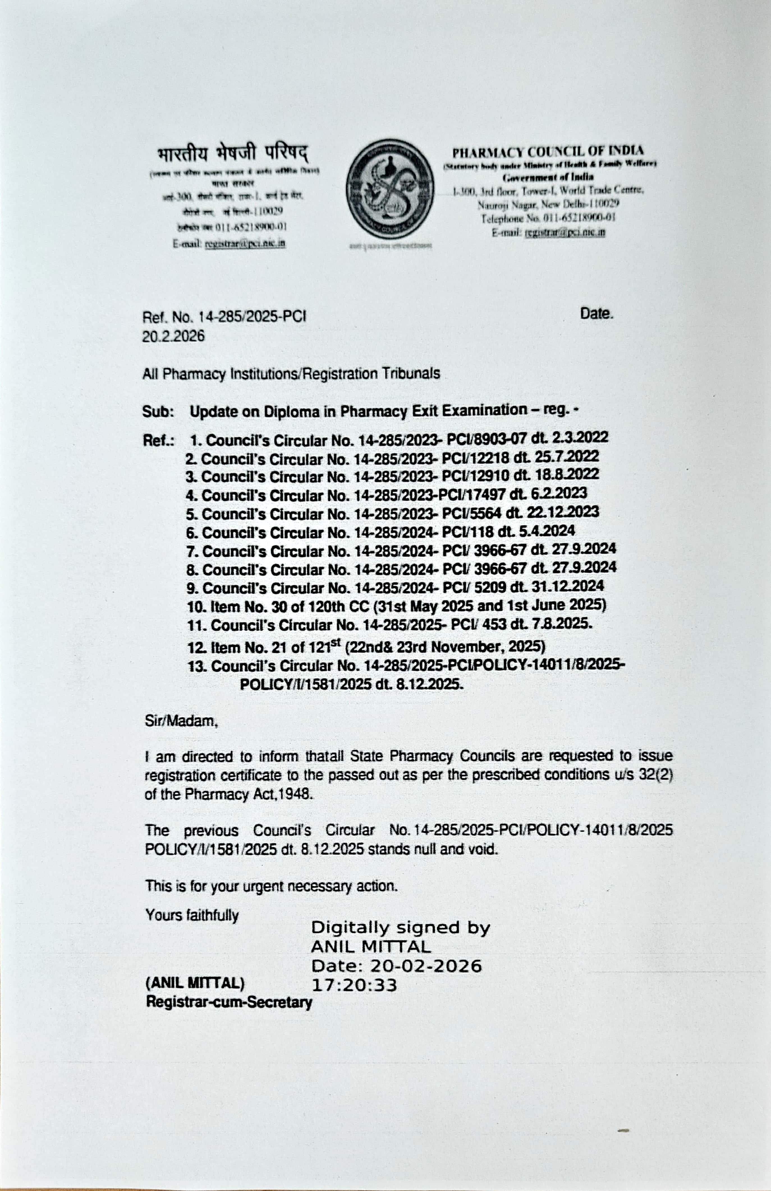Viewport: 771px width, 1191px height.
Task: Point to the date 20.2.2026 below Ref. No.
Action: tap(173, 336)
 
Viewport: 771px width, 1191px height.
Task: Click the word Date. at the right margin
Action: tap(597, 314)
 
